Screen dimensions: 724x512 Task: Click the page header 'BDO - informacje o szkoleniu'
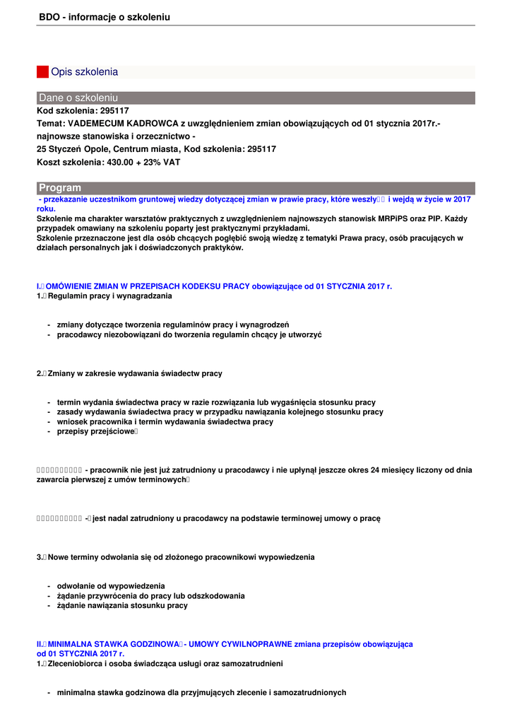(105, 16)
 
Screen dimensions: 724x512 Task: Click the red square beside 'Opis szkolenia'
(42, 72)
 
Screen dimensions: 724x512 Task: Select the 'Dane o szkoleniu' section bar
(256, 98)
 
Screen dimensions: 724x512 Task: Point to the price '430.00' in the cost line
(119, 162)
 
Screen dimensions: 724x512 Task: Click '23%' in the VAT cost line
(152, 162)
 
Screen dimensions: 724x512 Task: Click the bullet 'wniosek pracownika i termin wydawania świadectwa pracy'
(165, 421)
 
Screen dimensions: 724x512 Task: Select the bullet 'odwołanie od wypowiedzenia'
(111, 586)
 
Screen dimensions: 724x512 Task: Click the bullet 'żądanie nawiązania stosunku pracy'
(122, 605)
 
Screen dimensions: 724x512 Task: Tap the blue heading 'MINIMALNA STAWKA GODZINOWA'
(112, 644)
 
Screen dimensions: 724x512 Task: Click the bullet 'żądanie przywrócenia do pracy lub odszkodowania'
(150, 596)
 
